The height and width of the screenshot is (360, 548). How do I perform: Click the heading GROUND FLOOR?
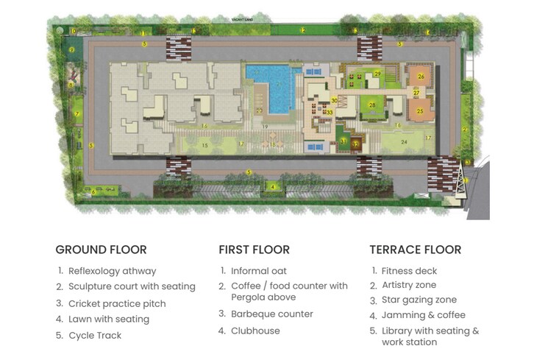(101, 250)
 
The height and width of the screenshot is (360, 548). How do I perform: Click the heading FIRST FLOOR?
(254, 250)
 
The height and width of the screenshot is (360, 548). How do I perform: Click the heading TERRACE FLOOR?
(415, 250)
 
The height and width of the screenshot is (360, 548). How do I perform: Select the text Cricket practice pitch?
(117, 303)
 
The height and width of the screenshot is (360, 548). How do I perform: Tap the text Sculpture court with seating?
(132, 286)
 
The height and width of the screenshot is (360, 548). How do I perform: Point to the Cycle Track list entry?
(95, 336)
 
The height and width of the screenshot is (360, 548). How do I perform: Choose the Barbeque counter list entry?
(271, 314)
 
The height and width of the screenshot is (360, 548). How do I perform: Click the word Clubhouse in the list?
(255, 331)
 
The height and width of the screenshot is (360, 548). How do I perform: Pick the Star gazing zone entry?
(419, 300)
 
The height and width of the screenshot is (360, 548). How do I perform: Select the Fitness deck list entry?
(410, 271)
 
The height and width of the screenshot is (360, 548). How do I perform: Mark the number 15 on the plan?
(205, 145)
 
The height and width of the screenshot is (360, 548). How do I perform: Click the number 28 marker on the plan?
(372, 105)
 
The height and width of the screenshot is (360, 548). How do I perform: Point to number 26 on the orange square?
(421, 76)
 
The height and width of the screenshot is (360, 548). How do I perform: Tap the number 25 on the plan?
(420, 111)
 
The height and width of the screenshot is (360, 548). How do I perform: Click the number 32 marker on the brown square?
(355, 144)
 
